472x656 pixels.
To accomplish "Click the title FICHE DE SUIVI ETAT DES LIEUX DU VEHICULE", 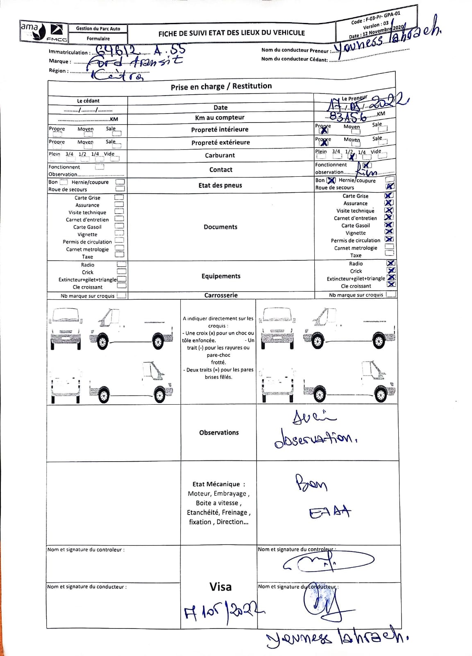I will pyautogui.click(x=231, y=33).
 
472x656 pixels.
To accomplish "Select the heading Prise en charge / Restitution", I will pyautogui.click(x=221, y=86).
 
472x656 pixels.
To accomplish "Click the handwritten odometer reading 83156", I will pyautogui.click(x=348, y=116).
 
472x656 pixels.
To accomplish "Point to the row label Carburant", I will pyautogui.click(x=220, y=155).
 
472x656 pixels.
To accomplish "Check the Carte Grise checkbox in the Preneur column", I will pyautogui.click(x=389, y=196).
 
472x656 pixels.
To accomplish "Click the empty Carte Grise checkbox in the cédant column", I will pyautogui.click(x=119, y=197).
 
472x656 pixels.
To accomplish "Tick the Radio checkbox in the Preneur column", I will pyautogui.click(x=391, y=263).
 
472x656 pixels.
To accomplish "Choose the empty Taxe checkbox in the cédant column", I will pyautogui.click(x=119, y=255).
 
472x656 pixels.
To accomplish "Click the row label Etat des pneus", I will pyautogui.click(x=220, y=185).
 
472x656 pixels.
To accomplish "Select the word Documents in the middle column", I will pyautogui.click(x=220, y=227).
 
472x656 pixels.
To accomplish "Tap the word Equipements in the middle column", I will pyautogui.click(x=221, y=276).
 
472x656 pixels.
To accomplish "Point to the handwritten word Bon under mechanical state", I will pyautogui.click(x=311, y=483).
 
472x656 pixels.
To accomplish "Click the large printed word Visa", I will pyautogui.click(x=220, y=587).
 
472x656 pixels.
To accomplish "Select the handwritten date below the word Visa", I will pyautogui.click(x=223, y=611).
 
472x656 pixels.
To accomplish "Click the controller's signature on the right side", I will pyautogui.click(x=328, y=562).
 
